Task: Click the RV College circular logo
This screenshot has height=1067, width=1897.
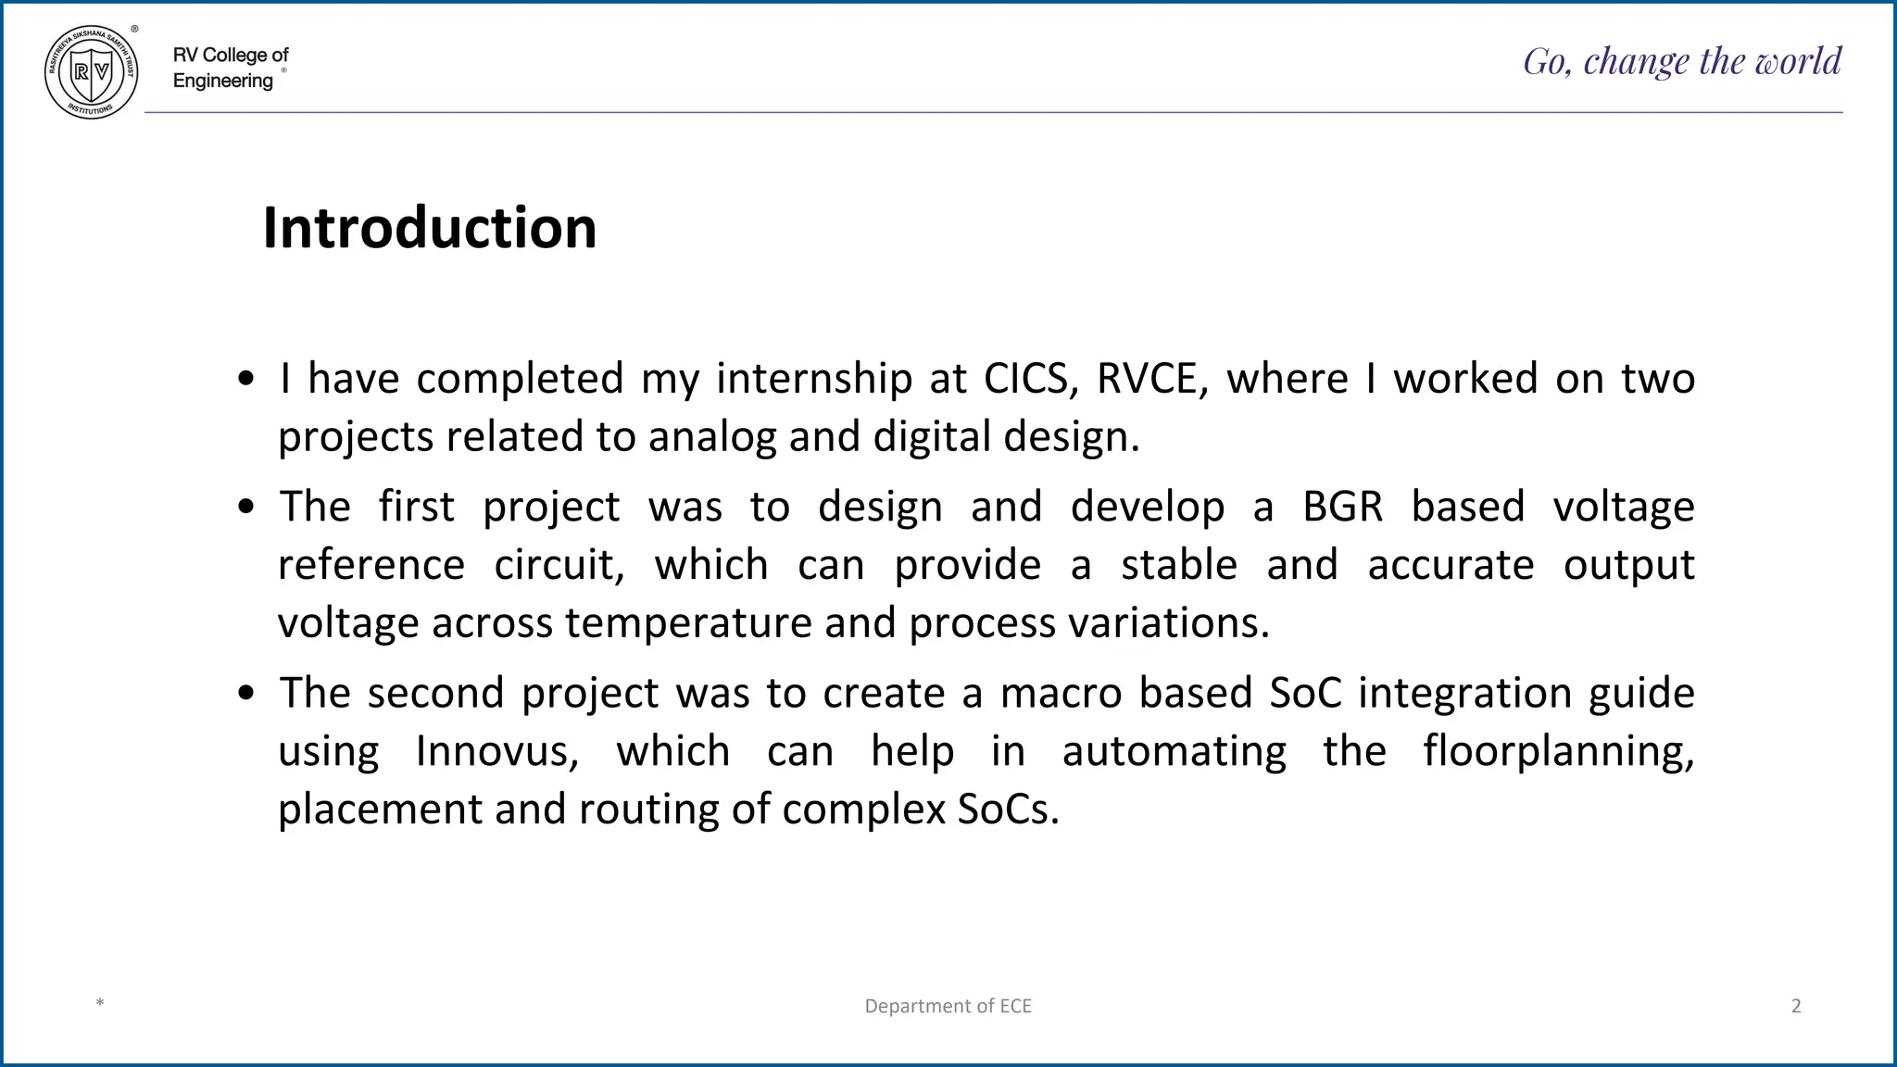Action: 91,72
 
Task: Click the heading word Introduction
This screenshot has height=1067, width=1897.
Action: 429,228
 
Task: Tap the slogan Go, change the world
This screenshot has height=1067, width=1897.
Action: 1682,61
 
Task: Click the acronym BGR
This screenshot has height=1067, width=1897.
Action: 1342,507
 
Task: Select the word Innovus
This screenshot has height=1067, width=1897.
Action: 497,751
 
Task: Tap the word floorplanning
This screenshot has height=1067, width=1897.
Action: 1558,751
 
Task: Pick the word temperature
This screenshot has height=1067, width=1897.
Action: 688,623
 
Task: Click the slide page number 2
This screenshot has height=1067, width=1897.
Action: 1796,1006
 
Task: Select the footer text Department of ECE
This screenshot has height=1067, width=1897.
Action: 948,1006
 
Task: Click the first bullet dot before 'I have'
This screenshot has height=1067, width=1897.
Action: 245,380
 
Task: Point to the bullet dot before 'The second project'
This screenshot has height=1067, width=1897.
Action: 245,694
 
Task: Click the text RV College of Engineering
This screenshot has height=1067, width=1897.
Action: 230,68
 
